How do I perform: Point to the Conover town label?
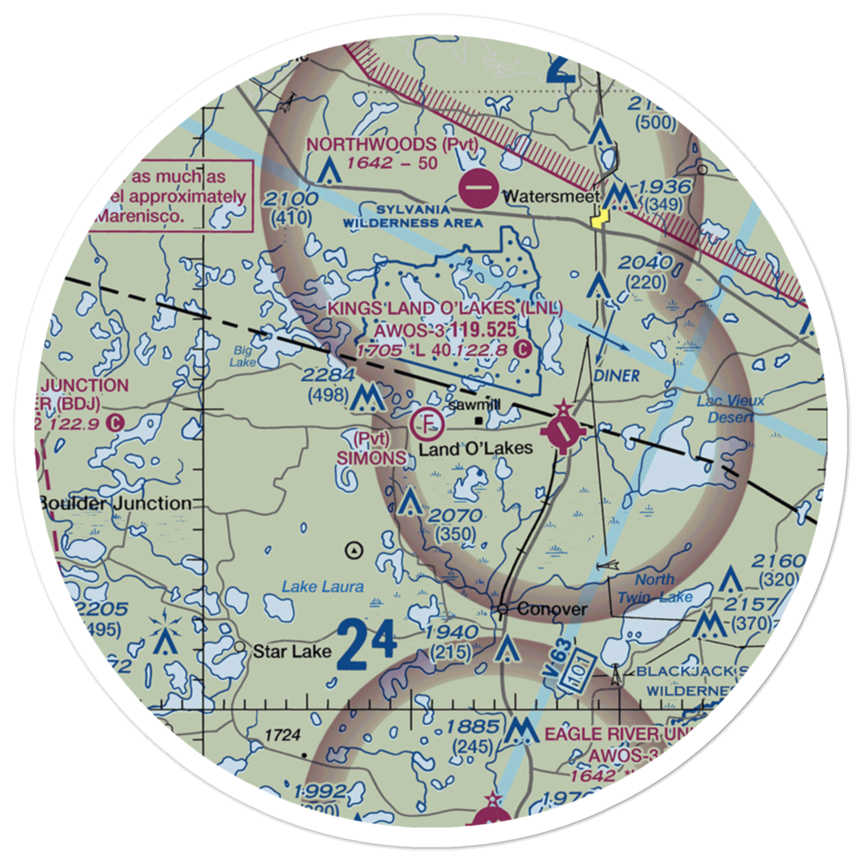coord(553,609)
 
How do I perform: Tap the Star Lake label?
coord(291,652)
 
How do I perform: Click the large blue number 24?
coord(367,643)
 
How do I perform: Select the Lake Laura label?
coord(323,587)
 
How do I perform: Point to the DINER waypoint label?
coord(617,376)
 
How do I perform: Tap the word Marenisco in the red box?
coord(139,217)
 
